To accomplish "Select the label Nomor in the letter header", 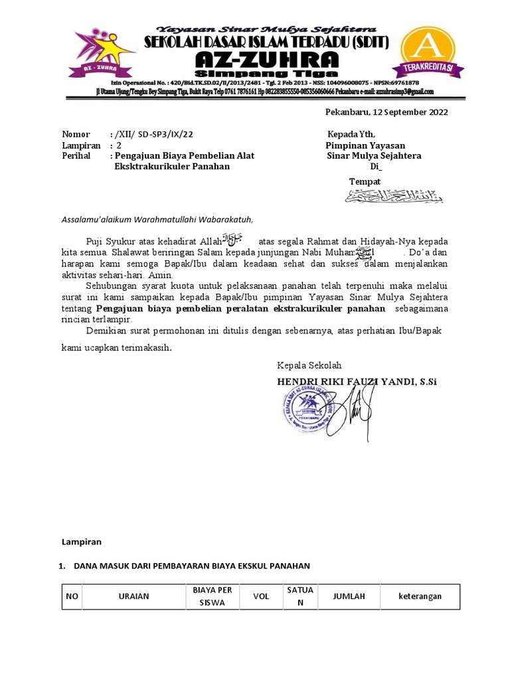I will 75,134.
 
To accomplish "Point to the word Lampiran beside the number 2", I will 81,145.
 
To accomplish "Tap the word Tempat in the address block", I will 365,181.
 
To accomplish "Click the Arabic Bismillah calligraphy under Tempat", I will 393,196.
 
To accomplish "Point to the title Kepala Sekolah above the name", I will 309,365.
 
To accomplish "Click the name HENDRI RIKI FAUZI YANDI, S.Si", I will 357,382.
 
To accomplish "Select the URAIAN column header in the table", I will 135,596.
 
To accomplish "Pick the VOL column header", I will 261,596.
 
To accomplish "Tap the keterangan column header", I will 420,596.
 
